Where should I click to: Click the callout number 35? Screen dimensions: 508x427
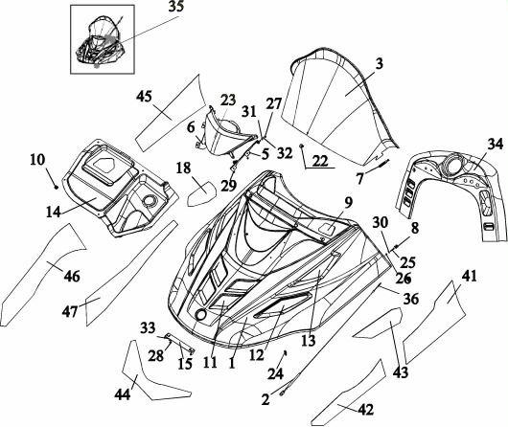coord(175,7)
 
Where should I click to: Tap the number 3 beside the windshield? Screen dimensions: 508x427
coord(379,63)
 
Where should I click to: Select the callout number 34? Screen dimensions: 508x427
coord(496,144)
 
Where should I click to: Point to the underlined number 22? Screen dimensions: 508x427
coord(320,161)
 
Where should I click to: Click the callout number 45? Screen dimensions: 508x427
coord(144,96)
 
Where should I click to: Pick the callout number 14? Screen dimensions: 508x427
coord(54,212)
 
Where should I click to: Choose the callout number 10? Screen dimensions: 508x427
coord(37,160)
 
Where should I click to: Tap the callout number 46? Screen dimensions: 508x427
coord(72,276)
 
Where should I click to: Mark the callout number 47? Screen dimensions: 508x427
coord(70,312)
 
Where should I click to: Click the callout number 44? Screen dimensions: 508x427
coord(123,394)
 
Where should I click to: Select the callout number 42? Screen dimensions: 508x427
coord(366,410)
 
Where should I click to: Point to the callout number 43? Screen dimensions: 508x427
coord(401,372)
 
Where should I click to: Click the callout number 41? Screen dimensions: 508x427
coord(470,276)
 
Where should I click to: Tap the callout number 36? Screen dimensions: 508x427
coord(410,299)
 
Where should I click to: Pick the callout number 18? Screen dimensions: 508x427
coord(183,168)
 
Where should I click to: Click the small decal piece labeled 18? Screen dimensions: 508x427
coord(201,193)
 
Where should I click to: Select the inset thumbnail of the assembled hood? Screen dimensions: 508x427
coord(103,39)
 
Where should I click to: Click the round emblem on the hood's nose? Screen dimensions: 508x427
coord(201,314)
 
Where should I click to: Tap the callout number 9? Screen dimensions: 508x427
coord(348,203)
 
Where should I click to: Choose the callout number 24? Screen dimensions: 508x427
coord(275,373)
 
